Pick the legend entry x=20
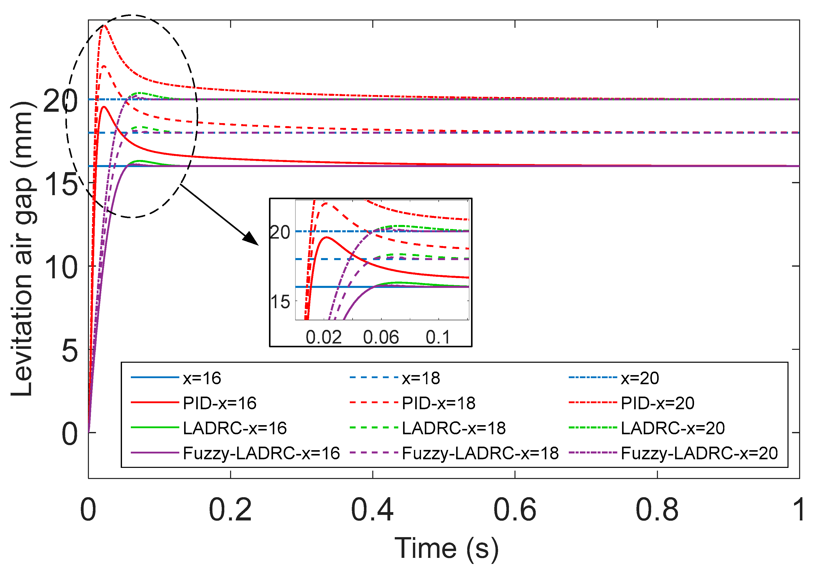(x=639, y=378)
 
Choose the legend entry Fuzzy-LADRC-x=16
(x=261, y=453)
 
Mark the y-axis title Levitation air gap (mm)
(x=22, y=248)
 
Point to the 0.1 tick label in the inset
(x=438, y=337)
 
